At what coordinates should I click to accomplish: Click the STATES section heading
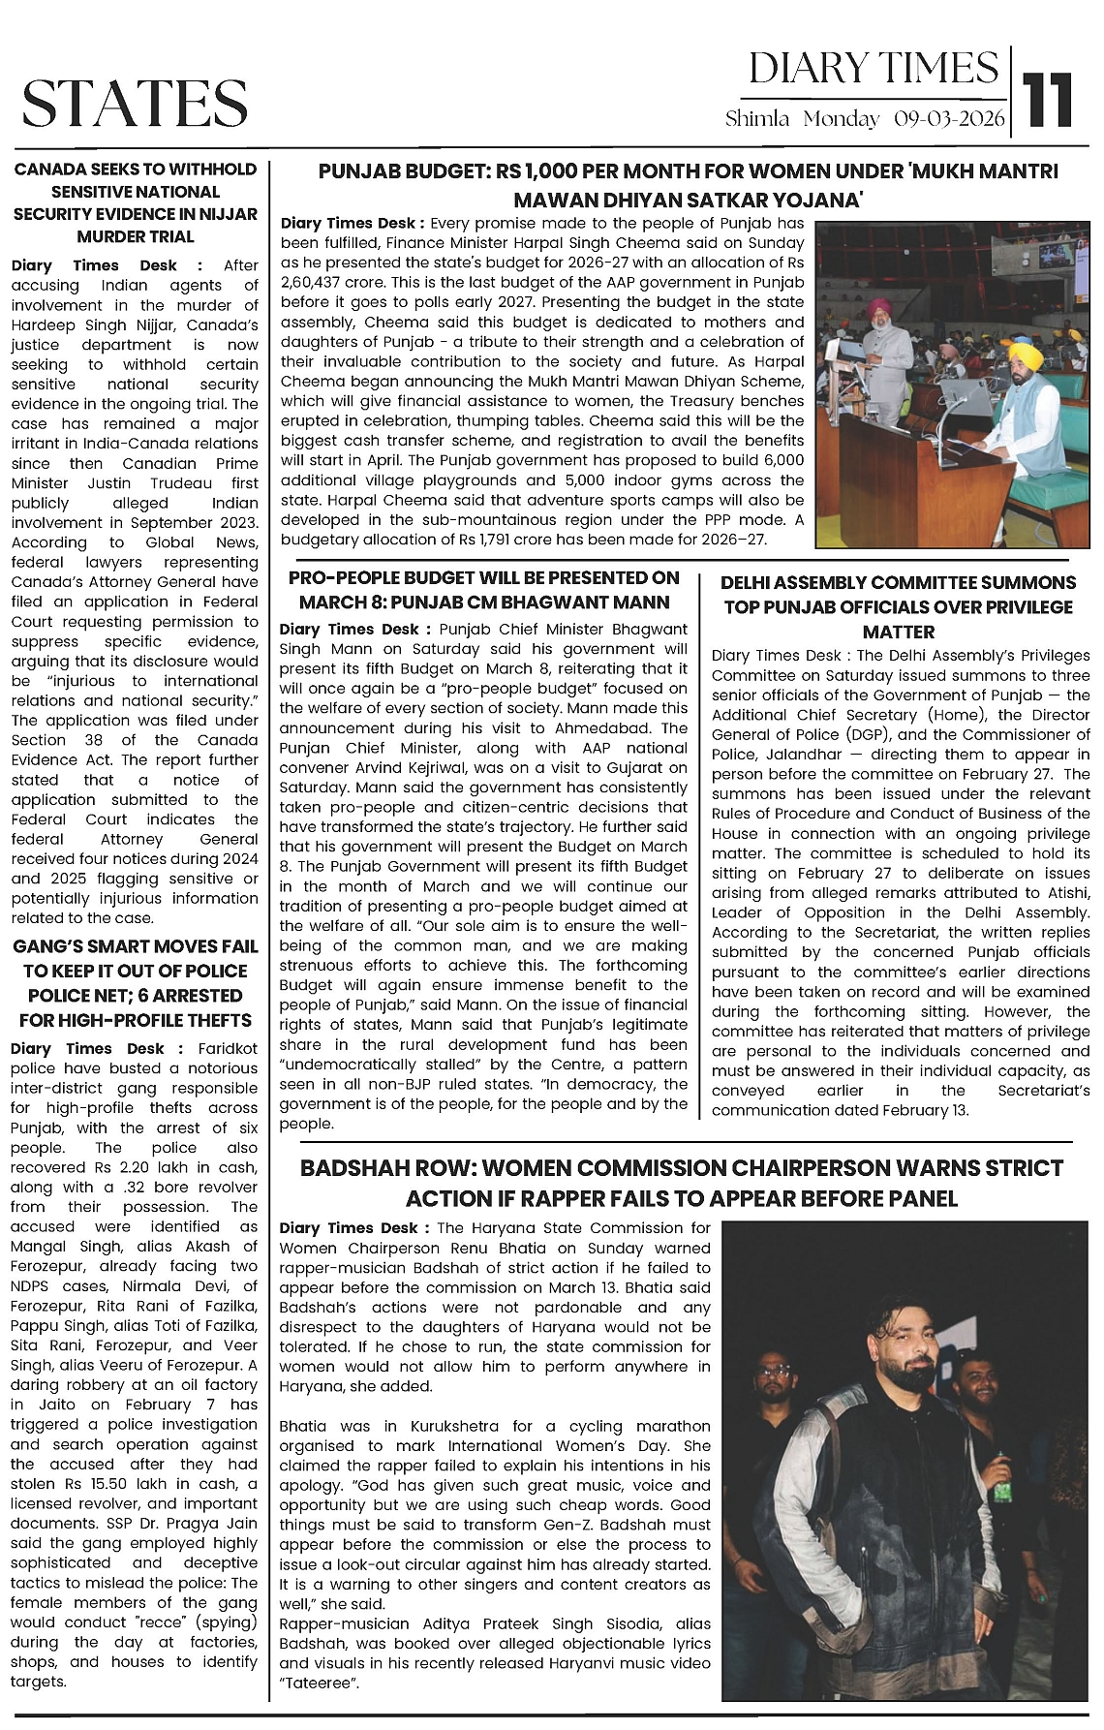pyautogui.click(x=135, y=103)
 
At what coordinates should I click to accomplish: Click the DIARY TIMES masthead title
pyautogui.click(x=873, y=68)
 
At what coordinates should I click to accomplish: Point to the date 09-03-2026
pyautogui.click(x=950, y=119)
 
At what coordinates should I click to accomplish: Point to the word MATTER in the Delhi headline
pyautogui.click(x=898, y=632)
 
